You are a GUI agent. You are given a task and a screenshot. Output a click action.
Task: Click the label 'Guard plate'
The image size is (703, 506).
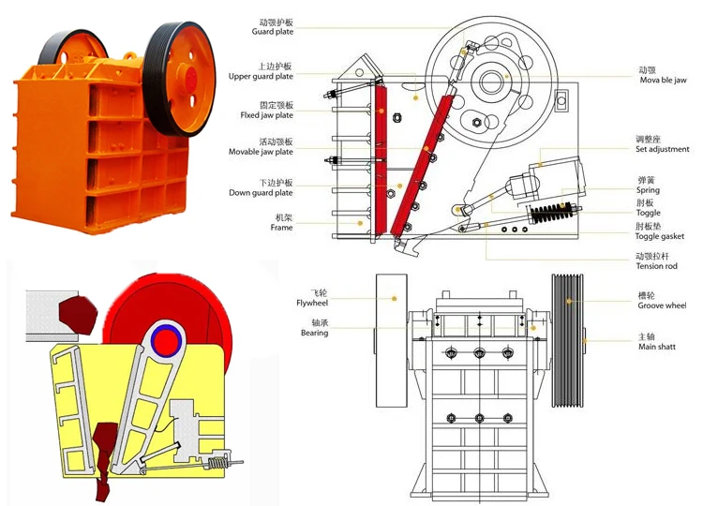[272, 32]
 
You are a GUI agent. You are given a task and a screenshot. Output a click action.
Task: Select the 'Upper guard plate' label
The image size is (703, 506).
[262, 76]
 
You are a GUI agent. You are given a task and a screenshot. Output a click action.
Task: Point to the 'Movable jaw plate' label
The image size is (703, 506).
[262, 152]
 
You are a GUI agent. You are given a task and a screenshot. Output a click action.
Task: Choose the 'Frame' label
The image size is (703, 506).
[282, 228]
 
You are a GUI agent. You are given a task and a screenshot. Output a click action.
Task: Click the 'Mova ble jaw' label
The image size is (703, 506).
[662, 81]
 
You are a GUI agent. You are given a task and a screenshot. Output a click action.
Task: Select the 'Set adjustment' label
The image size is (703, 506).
[662, 149]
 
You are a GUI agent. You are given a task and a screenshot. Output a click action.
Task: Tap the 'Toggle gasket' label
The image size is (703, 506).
[660, 236]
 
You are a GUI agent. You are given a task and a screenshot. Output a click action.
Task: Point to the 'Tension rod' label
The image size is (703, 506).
[656, 266]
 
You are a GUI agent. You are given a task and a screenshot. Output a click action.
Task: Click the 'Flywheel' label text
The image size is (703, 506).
[313, 304]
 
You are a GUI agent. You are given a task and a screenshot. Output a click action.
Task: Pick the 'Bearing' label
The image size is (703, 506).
[315, 333]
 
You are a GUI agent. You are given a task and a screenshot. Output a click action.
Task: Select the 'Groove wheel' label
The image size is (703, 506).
[662, 305]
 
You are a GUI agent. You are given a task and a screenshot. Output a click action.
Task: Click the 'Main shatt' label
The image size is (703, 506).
[657, 346]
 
